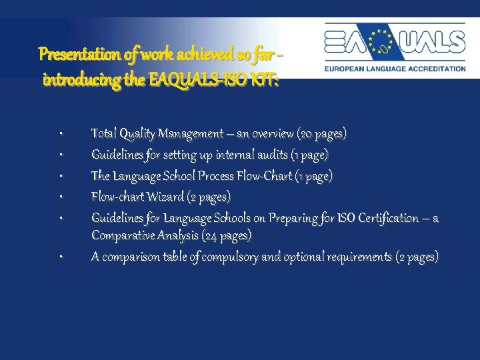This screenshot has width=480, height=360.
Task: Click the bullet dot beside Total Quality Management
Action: (x=60, y=135)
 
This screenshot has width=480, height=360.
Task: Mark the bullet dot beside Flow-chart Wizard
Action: (x=60, y=197)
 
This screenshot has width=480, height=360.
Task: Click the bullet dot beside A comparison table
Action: (x=60, y=257)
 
